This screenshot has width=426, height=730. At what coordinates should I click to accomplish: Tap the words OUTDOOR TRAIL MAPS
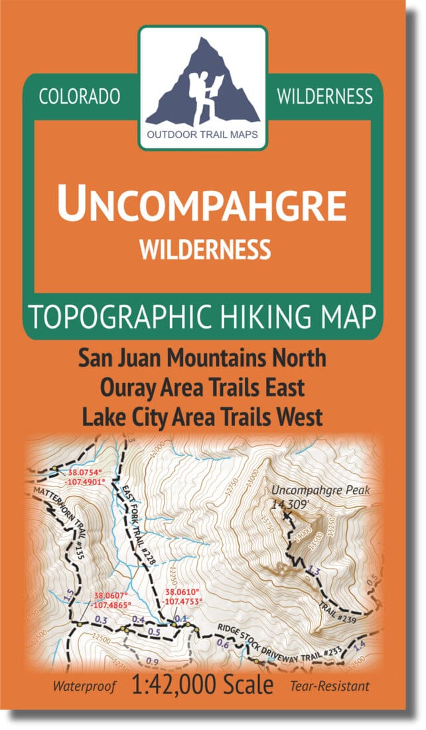[203, 140]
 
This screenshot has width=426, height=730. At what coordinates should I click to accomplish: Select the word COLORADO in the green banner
[80, 97]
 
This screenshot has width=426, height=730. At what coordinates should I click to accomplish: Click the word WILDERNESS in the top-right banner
[324, 97]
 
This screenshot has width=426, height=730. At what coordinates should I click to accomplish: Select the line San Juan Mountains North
[202, 358]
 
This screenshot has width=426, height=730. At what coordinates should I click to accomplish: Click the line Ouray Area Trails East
[202, 388]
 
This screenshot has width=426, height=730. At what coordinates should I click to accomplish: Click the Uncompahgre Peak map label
[319, 491]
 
